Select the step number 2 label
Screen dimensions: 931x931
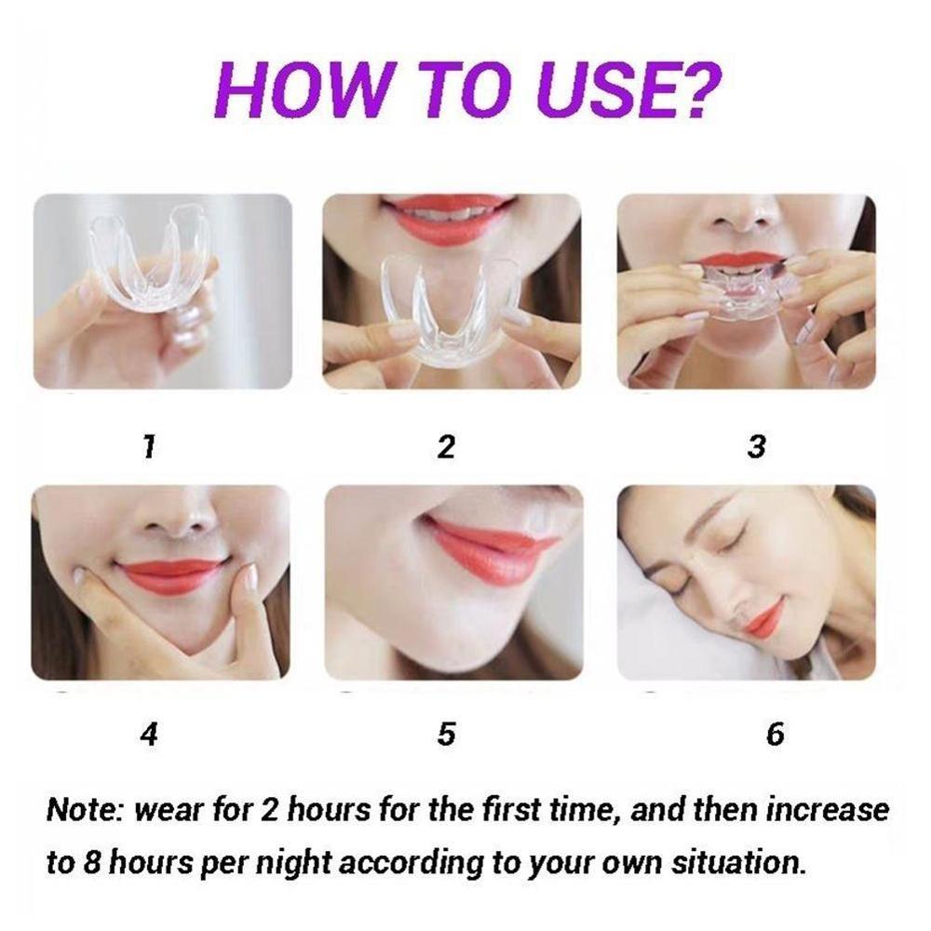tap(447, 447)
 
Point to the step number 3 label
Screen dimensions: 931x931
tap(757, 447)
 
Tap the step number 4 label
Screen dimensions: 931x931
tap(149, 735)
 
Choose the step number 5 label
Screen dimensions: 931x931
tap(447, 735)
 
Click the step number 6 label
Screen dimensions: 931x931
tap(775, 735)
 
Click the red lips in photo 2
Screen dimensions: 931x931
tap(449, 218)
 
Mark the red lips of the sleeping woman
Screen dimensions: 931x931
tap(766, 617)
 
